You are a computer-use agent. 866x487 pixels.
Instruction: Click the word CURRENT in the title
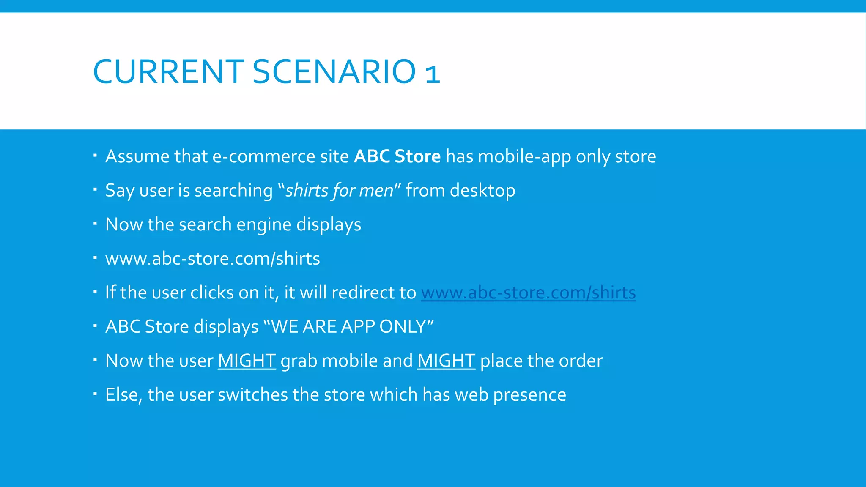[168, 71]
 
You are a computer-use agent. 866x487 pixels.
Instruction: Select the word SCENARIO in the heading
[334, 71]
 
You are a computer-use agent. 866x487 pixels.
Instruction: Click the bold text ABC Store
[397, 156]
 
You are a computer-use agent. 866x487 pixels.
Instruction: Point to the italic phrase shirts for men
[339, 191]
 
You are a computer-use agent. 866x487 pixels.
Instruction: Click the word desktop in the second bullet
[482, 191]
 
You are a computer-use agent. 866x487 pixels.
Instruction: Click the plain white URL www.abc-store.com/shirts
[212, 259]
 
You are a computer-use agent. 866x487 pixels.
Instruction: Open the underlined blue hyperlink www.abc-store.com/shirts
[528, 293]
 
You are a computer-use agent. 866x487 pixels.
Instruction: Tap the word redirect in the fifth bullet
[362, 293]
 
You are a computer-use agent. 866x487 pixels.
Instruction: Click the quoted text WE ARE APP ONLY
[348, 327]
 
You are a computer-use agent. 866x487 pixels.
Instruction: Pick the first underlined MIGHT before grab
[247, 361]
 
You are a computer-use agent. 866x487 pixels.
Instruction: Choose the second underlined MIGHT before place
[446, 361]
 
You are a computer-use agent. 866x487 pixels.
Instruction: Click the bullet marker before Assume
[95, 156]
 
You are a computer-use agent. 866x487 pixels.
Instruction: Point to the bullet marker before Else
[95, 394]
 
